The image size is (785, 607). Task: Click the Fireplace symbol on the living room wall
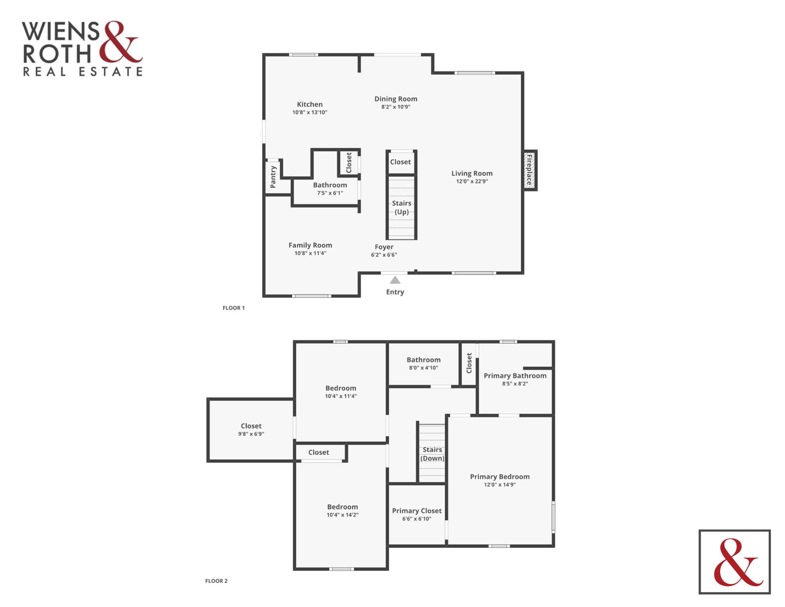click(x=530, y=170)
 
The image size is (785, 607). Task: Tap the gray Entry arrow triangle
click(x=395, y=280)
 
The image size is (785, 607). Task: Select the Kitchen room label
click(x=310, y=104)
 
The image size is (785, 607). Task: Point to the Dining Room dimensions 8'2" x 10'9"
click(x=396, y=107)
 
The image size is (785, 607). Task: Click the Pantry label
click(x=273, y=177)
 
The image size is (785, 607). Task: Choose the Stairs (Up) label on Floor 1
click(x=401, y=207)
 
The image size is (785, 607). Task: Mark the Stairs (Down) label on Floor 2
click(x=432, y=454)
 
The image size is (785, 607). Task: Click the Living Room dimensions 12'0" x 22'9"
click(x=472, y=181)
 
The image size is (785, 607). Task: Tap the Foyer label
click(x=384, y=247)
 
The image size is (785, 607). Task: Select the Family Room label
click(x=310, y=245)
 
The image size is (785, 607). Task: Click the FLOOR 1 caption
click(x=234, y=308)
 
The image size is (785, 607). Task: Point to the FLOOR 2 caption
click(x=216, y=581)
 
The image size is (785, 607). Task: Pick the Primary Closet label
click(x=417, y=511)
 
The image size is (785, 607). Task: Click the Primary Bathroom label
click(x=515, y=375)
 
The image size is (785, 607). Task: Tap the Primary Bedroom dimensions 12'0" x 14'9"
click(x=500, y=485)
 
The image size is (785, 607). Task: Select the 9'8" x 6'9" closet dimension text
click(x=251, y=434)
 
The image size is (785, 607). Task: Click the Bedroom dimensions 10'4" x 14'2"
click(x=343, y=515)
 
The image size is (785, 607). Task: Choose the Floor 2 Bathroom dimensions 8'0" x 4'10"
click(x=424, y=368)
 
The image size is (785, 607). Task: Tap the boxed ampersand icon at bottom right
click(x=735, y=562)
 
